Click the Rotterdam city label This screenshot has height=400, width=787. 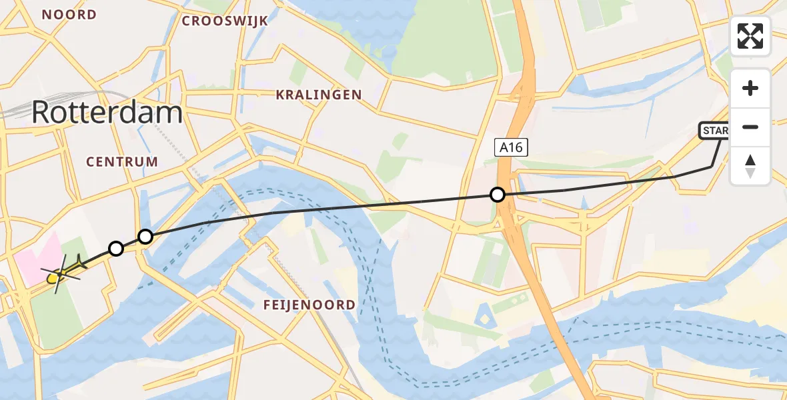[x=107, y=113]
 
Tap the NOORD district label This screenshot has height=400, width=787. [x=69, y=15]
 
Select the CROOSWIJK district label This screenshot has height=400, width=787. [x=225, y=21]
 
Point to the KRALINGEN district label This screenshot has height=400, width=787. [x=319, y=95]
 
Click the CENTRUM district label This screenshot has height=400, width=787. [x=122, y=161]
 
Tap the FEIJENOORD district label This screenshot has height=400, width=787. [x=309, y=305]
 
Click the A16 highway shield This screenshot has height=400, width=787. [x=511, y=147]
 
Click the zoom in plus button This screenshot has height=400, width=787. [x=750, y=89]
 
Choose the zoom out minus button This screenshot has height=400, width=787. [x=750, y=127]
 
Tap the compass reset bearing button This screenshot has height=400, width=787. [x=750, y=165]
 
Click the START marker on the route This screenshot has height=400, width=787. [x=714, y=131]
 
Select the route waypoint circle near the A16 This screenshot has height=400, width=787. [x=497, y=195]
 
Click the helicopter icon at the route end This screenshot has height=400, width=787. [x=62, y=273]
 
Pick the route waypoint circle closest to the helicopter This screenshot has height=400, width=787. [x=116, y=249]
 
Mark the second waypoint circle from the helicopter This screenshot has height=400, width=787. [x=145, y=236]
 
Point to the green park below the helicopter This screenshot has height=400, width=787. [x=57, y=317]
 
